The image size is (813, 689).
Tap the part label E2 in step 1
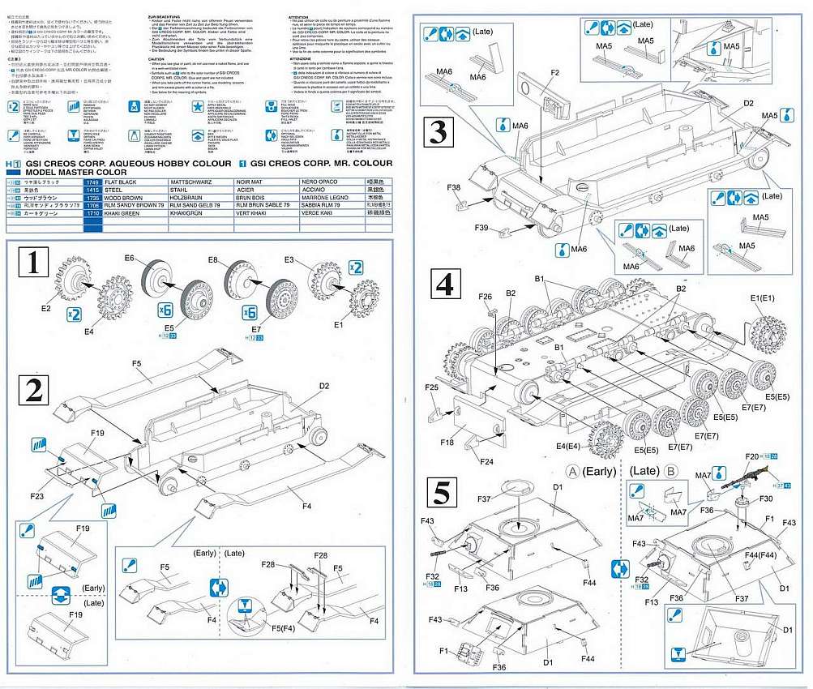[45, 308]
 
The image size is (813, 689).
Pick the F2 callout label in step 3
[555, 74]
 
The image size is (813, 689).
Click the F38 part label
[454, 187]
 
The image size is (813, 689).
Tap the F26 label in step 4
[486, 297]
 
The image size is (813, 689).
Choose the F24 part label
[486, 462]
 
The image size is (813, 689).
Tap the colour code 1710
[92, 213]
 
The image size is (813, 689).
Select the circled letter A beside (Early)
[573, 472]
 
